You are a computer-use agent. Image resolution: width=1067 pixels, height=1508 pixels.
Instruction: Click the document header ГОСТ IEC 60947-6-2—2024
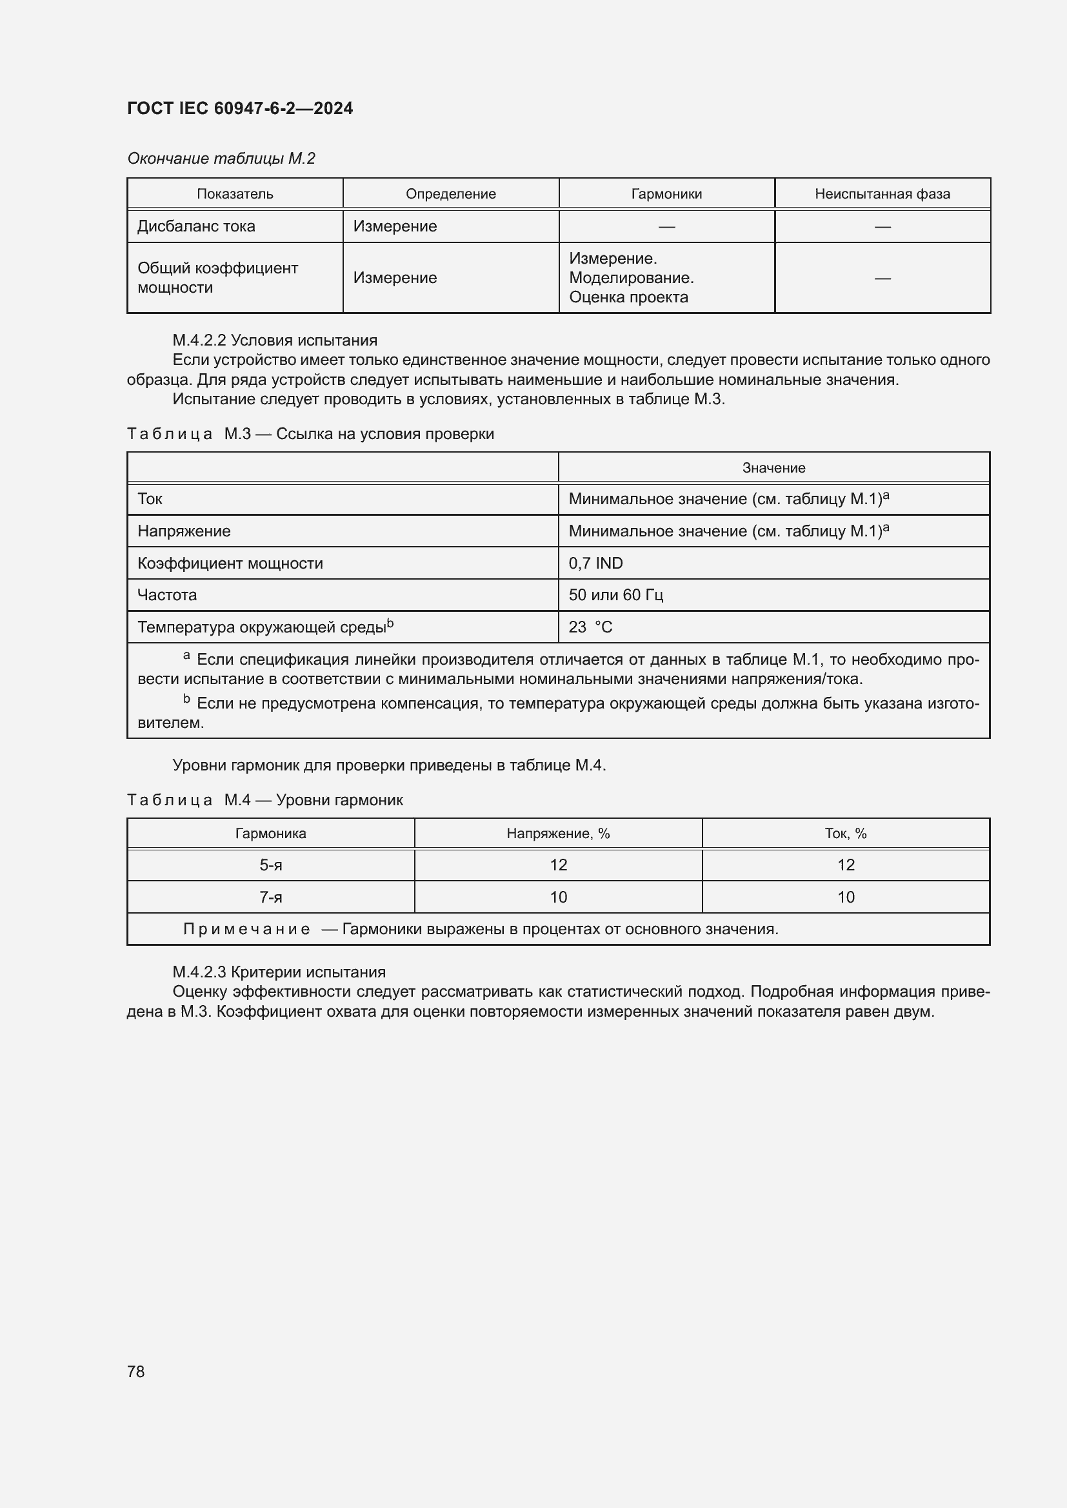coord(240,108)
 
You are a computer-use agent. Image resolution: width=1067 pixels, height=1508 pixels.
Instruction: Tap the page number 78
coord(135,1371)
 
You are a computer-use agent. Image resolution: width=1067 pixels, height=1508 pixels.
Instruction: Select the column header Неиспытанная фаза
coord(882,194)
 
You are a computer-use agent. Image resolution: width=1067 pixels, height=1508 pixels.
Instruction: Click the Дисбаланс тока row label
coord(196,226)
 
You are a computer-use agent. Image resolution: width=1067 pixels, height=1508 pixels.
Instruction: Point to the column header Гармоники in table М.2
coord(666,194)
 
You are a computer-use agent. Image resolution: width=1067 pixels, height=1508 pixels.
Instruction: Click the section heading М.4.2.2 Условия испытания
coord(275,340)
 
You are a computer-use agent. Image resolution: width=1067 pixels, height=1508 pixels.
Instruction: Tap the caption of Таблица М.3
coord(310,434)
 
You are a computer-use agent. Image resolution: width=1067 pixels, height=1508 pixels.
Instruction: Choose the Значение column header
coord(773,467)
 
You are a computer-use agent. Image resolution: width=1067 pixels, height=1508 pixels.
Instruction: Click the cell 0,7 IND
coord(595,563)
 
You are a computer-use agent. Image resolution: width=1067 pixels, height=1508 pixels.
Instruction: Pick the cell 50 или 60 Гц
coord(615,595)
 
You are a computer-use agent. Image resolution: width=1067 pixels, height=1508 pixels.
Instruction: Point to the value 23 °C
coord(590,627)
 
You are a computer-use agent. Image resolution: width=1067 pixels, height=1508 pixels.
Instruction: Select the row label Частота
coord(167,595)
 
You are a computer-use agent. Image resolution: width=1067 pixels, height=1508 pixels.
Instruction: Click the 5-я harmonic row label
coord(271,865)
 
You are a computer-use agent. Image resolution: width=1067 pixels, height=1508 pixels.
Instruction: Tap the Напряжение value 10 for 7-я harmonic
coord(558,897)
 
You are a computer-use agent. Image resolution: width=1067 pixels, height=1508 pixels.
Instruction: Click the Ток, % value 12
coord(845,865)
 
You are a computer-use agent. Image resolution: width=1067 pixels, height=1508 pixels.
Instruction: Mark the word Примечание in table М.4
coord(246,930)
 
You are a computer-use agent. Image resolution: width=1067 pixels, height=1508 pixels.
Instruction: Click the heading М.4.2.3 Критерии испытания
coord(279,972)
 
